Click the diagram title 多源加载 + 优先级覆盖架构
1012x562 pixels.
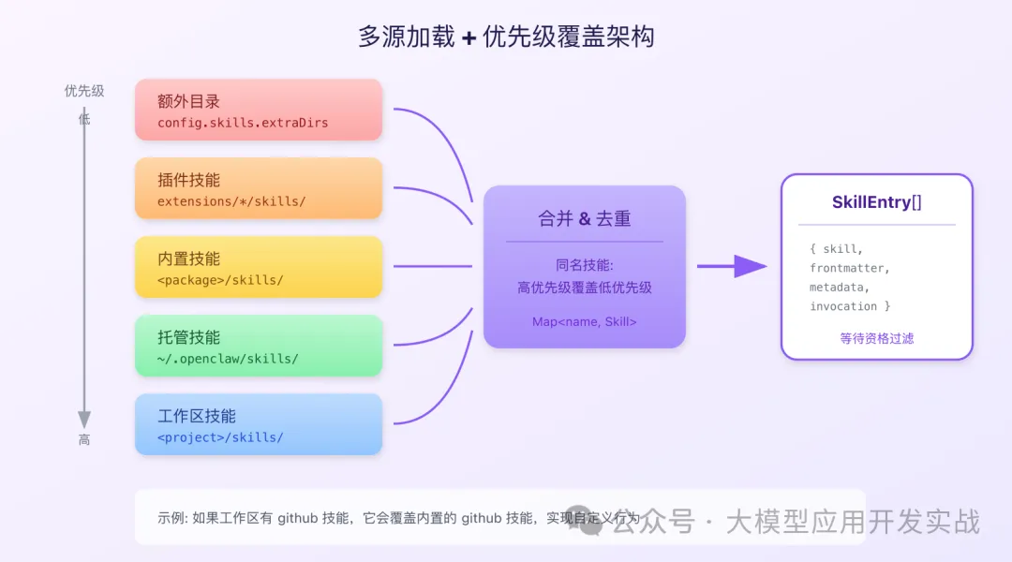tap(506, 37)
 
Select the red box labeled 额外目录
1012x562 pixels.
tap(258, 109)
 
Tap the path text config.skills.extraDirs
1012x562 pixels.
tap(242, 123)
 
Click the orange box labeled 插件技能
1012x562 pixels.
tap(258, 187)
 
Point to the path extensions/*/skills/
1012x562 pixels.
tap(231, 201)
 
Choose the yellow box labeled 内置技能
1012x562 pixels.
tap(258, 266)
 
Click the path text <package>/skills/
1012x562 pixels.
tap(219, 280)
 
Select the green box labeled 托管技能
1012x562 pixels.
tap(258, 345)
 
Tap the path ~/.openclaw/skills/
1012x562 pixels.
tap(228, 359)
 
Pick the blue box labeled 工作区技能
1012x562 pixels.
tap(258, 423)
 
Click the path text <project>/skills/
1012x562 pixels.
tap(219, 437)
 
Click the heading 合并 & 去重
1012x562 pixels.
tap(584, 219)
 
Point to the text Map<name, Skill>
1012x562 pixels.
tap(584, 321)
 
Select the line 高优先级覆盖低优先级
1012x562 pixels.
tap(584, 288)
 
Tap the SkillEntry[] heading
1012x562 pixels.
tap(876, 202)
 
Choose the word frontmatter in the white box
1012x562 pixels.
tap(850, 268)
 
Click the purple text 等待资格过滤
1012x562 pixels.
tap(876, 338)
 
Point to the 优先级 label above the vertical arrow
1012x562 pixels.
tap(83, 91)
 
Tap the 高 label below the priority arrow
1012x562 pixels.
tap(84, 439)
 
